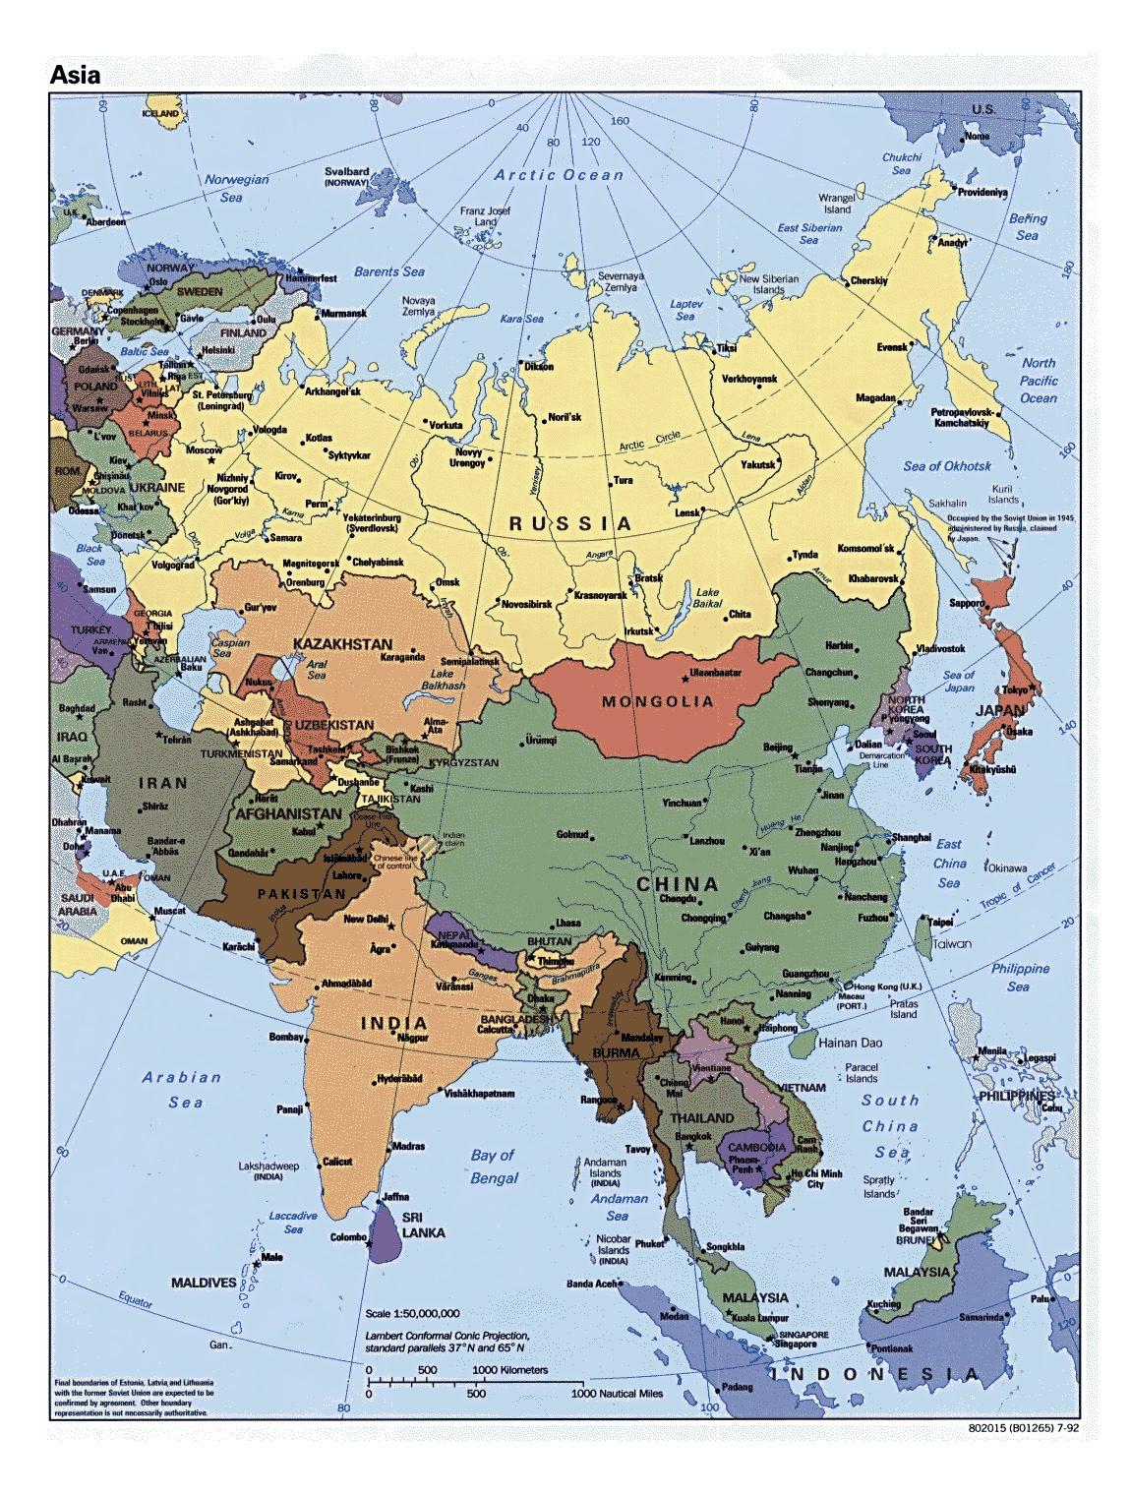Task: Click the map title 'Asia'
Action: pos(75,75)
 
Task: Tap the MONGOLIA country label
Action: pos(657,702)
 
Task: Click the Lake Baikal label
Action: pos(707,598)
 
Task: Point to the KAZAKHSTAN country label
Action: pos(342,644)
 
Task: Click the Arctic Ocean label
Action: pos(559,175)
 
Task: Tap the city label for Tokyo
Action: pos(1015,689)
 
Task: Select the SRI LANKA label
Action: pos(423,1225)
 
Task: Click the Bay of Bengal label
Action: pos(494,1166)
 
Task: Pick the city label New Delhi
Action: pos(366,919)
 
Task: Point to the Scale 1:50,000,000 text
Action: pos(412,1313)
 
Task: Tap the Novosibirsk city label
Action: pos(526,604)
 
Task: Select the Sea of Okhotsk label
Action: pos(947,466)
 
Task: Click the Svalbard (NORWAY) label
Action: pos(346,176)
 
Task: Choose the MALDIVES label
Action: pos(204,1283)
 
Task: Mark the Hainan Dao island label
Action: pos(850,1043)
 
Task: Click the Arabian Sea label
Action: pos(182,1089)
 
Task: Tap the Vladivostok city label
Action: pos(940,649)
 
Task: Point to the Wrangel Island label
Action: pos(837,204)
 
